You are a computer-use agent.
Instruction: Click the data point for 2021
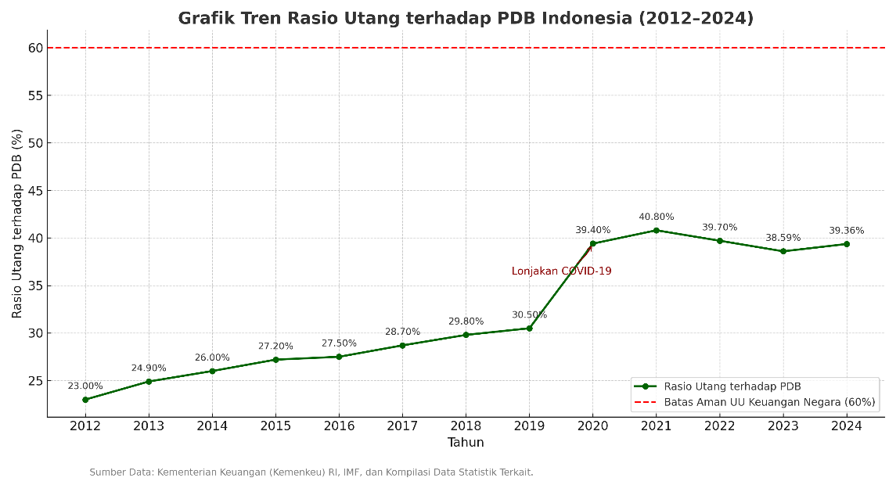[x=656, y=230]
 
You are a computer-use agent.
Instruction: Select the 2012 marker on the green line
[x=85, y=400]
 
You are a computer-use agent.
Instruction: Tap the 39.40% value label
[x=592, y=230]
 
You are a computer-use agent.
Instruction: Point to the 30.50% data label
[x=529, y=315]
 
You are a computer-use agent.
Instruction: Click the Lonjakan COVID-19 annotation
[x=561, y=271]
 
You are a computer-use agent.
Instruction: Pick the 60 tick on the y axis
[x=35, y=48]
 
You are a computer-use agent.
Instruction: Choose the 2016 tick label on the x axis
[x=339, y=426]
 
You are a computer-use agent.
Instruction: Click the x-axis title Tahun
[x=466, y=443]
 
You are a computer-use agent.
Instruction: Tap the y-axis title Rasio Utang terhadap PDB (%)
[x=17, y=224]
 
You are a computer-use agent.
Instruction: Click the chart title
[x=466, y=18]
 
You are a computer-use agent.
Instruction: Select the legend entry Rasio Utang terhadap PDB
[x=732, y=386]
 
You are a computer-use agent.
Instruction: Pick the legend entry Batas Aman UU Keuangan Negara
[x=769, y=403]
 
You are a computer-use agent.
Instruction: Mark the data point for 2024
[x=846, y=244]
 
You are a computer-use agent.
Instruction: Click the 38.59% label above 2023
[x=783, y=238]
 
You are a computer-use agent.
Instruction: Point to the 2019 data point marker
[x=529, y=329]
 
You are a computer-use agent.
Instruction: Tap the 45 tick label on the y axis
[x=35, y=191]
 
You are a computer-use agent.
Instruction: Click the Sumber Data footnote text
[x=311, y=472]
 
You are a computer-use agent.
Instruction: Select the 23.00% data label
[x=85, y=386]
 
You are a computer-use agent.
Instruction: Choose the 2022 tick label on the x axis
[x=719, y=426]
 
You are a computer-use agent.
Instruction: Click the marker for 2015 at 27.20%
[x=275, y=360]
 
